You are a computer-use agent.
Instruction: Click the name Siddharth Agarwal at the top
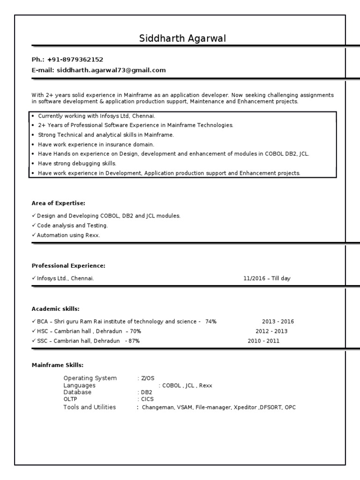[182, 38]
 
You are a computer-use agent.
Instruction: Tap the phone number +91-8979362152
[75, 60]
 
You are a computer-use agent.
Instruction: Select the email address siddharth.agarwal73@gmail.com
[112, 70]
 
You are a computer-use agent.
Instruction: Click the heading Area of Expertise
[59, 203]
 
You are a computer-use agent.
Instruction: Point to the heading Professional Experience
[68, 266]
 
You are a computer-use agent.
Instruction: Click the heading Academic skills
[55, 309]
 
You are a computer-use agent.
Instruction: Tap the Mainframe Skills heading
[57, 365]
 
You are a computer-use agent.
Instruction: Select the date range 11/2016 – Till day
[267, 278]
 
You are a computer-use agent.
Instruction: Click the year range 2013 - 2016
[278, 322]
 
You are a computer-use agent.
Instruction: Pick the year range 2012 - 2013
[271, 331]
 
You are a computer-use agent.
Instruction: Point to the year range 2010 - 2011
[263, 341]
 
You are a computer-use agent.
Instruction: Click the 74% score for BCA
[211, 322]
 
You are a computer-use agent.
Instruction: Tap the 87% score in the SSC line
[134, 341]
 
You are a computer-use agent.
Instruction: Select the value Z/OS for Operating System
[148, 378]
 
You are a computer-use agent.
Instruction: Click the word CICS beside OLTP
[148, 399]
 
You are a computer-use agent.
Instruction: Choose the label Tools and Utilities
[90, 407]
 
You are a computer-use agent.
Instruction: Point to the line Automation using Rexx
[68, 235]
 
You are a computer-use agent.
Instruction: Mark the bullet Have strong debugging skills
[77, 164]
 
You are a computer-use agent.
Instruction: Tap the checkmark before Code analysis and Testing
[34, 225]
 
